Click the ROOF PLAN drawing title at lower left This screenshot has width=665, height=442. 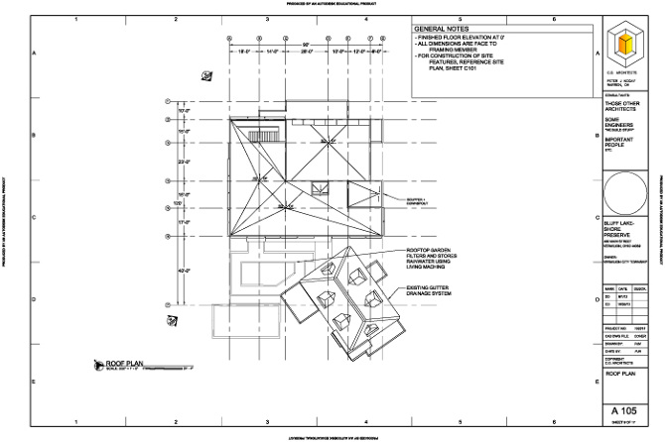126,365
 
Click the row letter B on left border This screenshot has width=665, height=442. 35,136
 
